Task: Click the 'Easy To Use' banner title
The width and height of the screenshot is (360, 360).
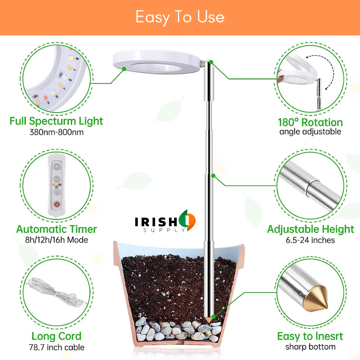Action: [x=180, y=17]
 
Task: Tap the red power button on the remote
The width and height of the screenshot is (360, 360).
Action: [x=57, y=204]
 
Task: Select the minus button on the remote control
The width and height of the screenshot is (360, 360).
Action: [x=57, y=179]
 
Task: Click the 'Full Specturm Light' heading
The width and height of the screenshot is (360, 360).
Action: [x=56, y=121]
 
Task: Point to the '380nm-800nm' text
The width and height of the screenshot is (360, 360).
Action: [x=56, y=132]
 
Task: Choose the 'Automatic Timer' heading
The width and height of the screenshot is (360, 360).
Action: [x=56, y=229]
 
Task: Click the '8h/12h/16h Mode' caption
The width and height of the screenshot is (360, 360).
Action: [x=56, y=240]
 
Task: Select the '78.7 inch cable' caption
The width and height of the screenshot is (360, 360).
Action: [x=56, y=347]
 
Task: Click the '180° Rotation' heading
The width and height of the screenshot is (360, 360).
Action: [x=310, y=122]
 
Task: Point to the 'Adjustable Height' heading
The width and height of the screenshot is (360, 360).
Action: [x=310, y=229]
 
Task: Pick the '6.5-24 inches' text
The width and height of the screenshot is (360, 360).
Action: [x=310, y=240]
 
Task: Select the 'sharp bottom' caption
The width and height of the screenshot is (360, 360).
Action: [x=310, y=347]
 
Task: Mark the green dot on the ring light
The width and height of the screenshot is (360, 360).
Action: [x=124, y=69]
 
